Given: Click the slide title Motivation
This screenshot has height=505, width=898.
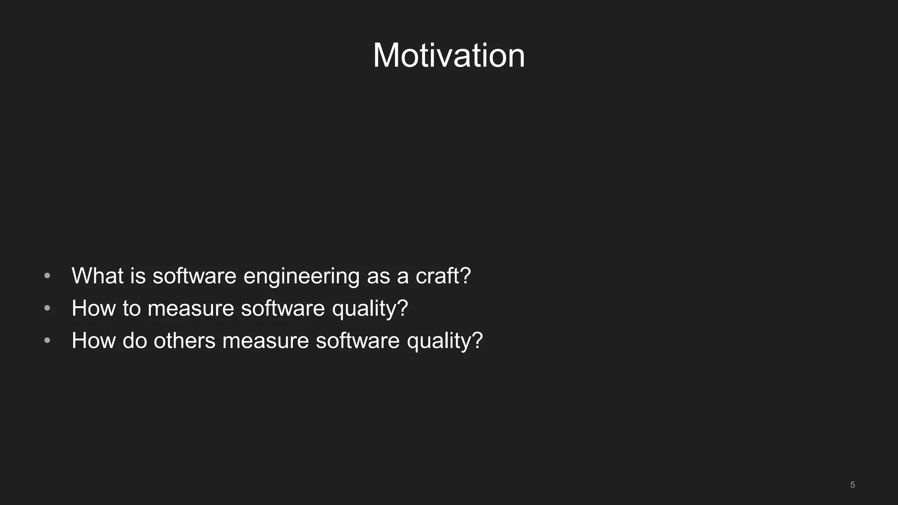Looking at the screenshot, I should [x=449, y=56].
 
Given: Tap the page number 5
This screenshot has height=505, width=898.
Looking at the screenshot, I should [x=852, y=485].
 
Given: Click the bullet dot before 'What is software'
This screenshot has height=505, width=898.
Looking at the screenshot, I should [x=47, y=276].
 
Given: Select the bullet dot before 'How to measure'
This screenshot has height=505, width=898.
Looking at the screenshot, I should [x=47, y=309].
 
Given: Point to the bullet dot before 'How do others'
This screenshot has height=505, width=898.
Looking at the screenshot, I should [x=47, y=341].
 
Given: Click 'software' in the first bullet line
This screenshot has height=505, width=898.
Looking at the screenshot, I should [x=194, y=276].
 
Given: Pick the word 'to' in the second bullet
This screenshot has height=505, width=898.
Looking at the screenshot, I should [x=132, y=309].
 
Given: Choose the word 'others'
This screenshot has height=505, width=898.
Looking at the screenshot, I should [x=184, y=341].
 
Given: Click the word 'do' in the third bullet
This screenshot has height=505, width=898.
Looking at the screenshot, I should [x=135, y=341].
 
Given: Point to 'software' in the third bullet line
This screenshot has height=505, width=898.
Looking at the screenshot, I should [x=357, y=341].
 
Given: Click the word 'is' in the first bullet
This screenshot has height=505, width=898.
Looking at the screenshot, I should [x=138, y=276].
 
